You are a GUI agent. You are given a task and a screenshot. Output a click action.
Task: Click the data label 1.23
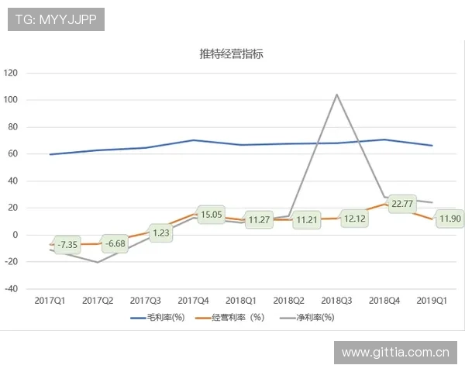tap(160, 232)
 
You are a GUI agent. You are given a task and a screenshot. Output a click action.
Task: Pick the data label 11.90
tap(449, 219)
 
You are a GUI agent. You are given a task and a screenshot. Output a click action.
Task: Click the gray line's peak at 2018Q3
tap(336, 95)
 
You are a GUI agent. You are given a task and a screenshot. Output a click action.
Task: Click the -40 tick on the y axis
tap(10, 288)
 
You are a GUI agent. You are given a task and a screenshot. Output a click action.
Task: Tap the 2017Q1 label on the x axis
tap(50, 299)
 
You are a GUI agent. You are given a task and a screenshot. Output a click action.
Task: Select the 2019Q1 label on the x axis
tap(432, 299)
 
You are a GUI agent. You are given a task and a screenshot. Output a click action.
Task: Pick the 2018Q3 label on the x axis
tap(336, 299)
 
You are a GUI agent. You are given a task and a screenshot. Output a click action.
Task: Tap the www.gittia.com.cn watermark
tap(396, 353)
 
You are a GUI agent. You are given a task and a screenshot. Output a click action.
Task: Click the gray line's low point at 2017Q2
tap(98, 262)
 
